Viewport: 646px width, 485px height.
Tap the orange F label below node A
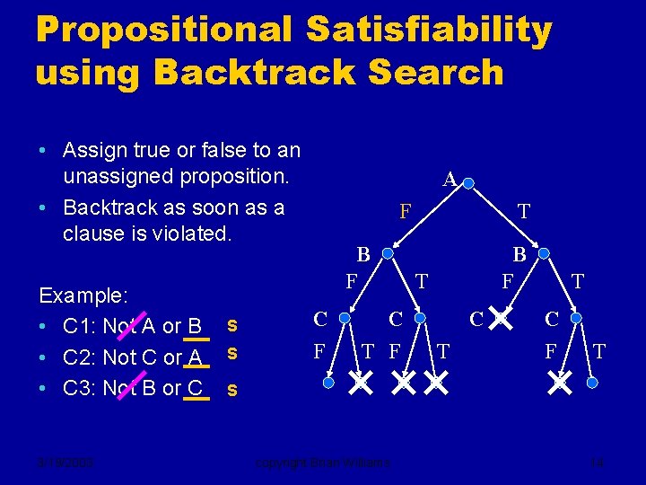406,212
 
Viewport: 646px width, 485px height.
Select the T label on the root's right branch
524,212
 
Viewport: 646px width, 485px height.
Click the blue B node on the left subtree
387,254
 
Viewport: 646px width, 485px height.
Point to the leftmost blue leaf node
328,384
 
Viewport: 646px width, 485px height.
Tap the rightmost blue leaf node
592,384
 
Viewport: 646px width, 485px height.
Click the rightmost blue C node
577,318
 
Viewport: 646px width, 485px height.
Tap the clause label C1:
81,325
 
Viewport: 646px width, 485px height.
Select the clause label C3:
81,388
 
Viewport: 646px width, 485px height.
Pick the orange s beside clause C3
232,390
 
